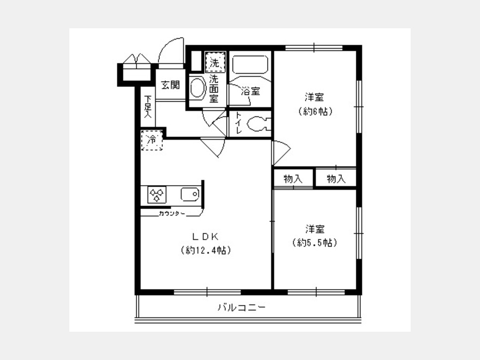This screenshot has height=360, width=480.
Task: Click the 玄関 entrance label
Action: pos(171,85)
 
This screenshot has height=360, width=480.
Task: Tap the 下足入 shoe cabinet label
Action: pos(148,107)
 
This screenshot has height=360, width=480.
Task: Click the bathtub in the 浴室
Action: pos(250,64)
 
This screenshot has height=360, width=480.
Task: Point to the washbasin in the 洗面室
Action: pos(197,87)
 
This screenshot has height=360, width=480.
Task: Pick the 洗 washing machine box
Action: pos(215,62)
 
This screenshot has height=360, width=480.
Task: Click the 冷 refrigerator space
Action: pos(152,140)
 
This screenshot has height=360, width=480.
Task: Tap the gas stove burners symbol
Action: pos(157,195)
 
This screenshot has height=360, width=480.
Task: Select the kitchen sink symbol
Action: pos(190,194)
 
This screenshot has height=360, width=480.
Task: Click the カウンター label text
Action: pos(172,213)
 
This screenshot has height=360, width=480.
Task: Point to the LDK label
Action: pos(205,236)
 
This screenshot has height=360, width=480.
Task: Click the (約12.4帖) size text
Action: pos(206,251)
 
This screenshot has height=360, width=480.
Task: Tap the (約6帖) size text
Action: pos(315,111)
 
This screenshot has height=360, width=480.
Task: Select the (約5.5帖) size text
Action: pos(315,243)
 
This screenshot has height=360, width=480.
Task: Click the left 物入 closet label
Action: pos(293,179)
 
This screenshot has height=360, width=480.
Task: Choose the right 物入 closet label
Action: pos(336,179)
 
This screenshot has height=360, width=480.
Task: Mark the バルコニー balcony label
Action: pos(242,307)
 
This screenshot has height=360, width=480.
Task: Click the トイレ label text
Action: pos(238,123)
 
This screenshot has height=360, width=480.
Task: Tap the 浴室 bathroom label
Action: pos(251,91)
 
